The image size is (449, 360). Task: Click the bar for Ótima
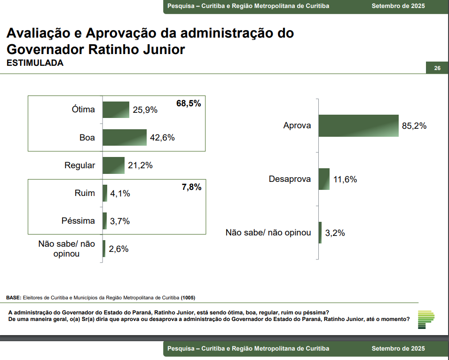116,110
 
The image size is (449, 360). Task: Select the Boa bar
125,137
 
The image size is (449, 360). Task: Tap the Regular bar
113,165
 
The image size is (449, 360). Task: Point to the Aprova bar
358,125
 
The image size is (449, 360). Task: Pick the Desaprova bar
324,179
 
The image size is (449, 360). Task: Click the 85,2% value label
414,126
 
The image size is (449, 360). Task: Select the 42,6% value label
162,138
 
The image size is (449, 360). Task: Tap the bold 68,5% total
189,103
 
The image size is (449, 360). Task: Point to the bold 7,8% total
191,187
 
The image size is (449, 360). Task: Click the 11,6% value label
345,180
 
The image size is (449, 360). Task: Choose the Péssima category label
78,221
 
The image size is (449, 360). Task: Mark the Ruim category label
85,193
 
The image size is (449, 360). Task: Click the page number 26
437,69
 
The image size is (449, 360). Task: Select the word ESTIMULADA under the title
35,63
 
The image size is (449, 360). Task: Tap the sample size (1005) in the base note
188,298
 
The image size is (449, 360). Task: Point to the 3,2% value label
335,233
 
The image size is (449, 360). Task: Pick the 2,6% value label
118,249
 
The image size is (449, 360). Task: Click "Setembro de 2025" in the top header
398,6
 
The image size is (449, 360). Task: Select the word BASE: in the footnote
14,298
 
